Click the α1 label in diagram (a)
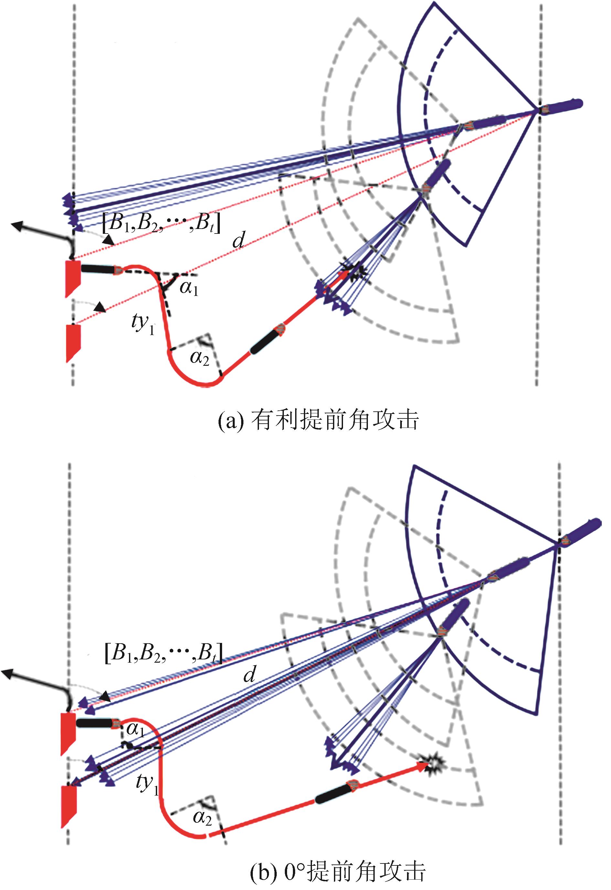(189, 288)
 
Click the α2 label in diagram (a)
(200, 358)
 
